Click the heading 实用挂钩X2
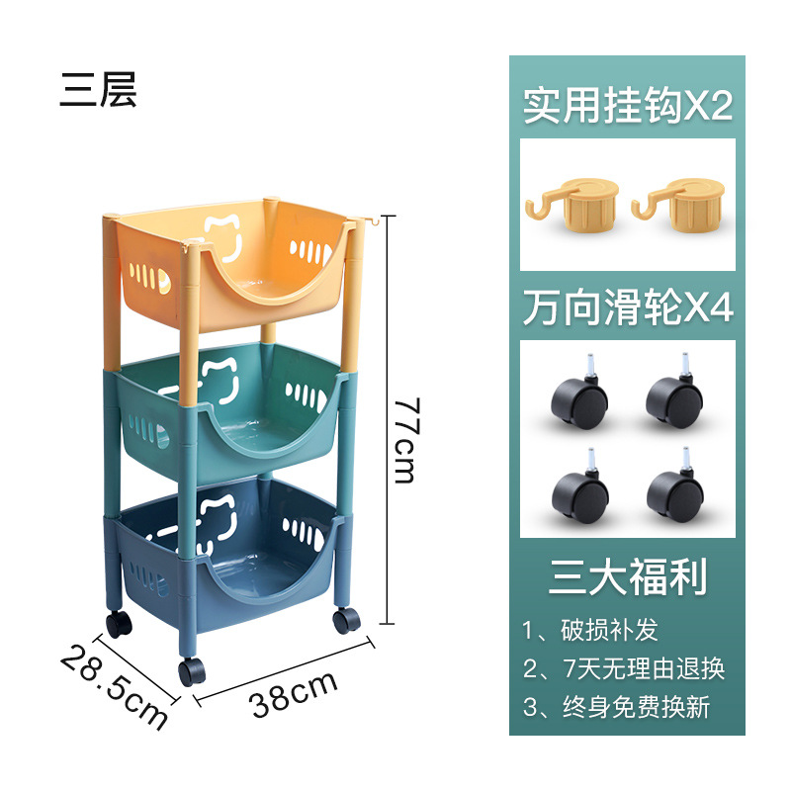[628, 106]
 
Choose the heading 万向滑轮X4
[628, 309]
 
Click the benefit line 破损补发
[590, 630]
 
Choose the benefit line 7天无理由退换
[624, 668]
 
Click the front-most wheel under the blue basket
[192, 670]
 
